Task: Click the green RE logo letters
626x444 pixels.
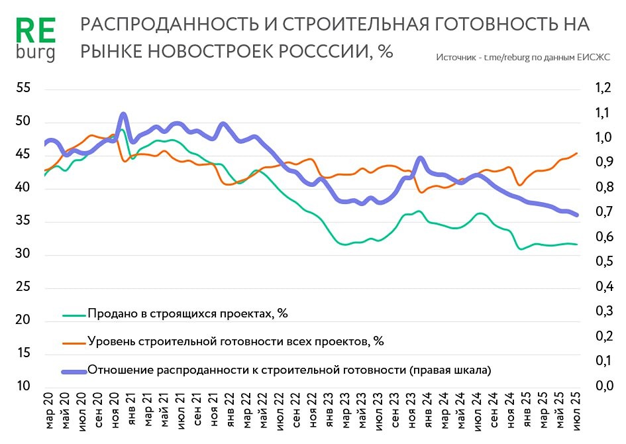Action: click(35, 30)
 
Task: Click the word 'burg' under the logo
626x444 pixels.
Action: click(35, 52)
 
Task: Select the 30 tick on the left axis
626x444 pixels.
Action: click(23, 254)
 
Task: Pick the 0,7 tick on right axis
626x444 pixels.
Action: click(602, 213)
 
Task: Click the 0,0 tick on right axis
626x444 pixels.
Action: click(602, 386)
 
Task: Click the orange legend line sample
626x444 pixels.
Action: click(74, 342)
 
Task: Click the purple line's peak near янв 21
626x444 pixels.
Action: click(123, 115)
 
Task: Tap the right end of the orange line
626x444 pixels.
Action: click(576, 153)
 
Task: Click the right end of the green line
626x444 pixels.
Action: click(576, 245)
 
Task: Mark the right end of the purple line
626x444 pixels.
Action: click(576, 215)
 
